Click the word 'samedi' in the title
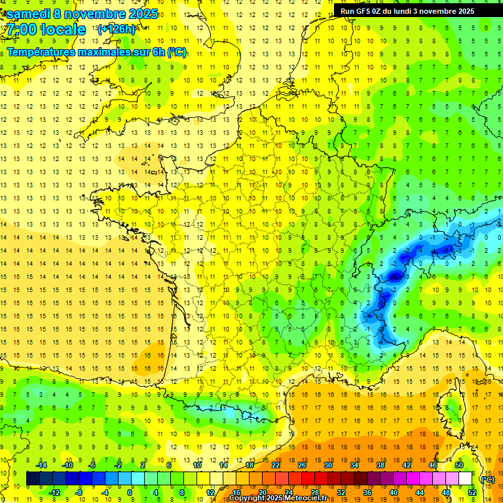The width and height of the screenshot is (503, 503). [28, 14]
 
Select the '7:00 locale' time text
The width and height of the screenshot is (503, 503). [44, 30]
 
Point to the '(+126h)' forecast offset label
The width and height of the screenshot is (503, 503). [116, 29]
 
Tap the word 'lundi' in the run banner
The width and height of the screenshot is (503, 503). [411, 11]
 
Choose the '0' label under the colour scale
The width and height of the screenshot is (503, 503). [130, 493]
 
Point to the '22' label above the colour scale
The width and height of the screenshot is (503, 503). [276, 464]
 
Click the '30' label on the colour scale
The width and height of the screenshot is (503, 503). [327, 464]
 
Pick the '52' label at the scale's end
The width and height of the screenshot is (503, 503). [472, 493]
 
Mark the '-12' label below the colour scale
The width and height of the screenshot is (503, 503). [54, 493]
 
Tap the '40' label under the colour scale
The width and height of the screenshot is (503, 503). [393, 493]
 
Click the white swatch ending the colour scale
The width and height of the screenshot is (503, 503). [465, 479]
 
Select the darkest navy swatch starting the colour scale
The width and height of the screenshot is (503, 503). [33, 479]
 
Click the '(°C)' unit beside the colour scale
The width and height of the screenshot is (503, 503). [487, 479]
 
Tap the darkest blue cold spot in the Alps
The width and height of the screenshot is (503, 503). [395, 276]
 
